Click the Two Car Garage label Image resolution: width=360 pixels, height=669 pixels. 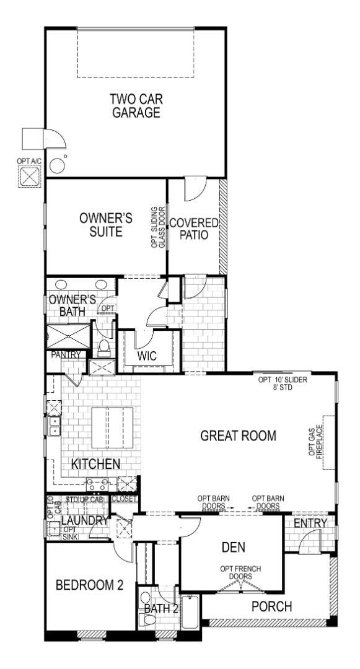134,105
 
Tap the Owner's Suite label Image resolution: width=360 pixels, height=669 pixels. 106,225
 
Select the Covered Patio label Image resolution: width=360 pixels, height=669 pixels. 194,229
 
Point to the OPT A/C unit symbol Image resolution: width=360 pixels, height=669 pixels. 29,177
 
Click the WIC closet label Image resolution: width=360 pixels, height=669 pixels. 147,356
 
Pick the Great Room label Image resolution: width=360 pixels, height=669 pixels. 238,435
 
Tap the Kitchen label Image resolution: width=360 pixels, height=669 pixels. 95,464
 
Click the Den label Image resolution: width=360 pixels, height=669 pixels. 233,547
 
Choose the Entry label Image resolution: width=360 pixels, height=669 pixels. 310,524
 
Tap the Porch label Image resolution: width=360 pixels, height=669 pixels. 271,606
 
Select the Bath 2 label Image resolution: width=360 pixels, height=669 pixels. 161,609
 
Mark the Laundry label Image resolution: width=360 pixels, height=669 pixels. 84,521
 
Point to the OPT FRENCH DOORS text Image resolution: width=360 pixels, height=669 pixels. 235,572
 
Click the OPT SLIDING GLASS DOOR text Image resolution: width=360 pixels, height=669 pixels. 159,227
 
